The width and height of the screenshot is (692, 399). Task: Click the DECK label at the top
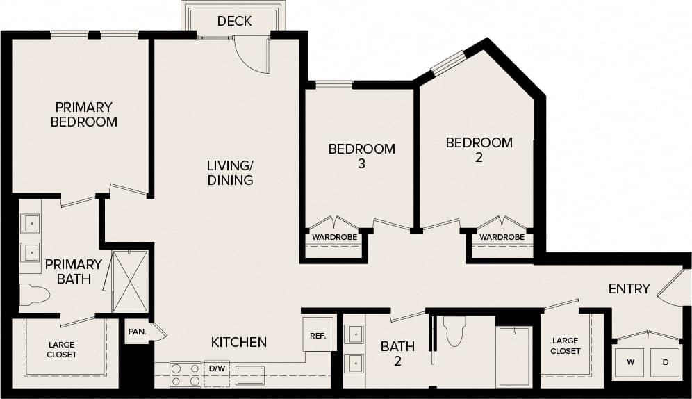tap(234, 22)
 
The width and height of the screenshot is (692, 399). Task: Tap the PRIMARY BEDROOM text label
tap(84, 115)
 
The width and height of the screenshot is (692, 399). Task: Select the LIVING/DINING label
tap(229, 173)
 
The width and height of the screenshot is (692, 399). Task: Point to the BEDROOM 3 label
tap(361, 156)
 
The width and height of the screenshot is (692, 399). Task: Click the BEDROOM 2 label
tap(479, 150)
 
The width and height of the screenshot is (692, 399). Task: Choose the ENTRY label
tap(629, 288)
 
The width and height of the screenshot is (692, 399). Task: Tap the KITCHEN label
tap(239, 342)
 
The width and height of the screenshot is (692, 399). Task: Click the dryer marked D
tap(665, 363)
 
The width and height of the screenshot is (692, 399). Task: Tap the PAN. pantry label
tap(136, 332)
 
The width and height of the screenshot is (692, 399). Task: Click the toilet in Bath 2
tap(454, 331)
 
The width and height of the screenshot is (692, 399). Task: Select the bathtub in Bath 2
tap(514, 356)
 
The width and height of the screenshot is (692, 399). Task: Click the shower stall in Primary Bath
tap(130, 281)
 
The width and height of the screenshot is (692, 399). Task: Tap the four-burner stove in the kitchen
tap(186, 375)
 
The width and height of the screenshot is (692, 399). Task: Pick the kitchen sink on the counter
tap(249, 375)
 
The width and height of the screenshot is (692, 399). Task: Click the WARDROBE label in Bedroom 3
tap(334, 238)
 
